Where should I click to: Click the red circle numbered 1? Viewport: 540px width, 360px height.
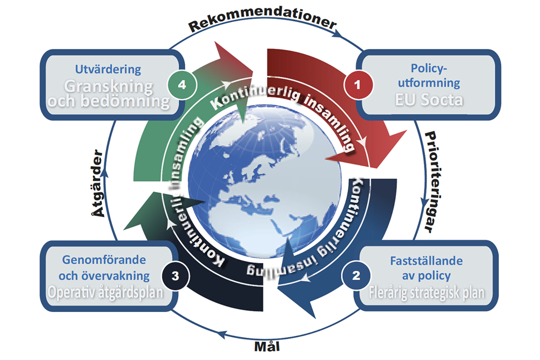[355, 85]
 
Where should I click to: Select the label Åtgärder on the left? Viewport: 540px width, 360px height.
[98, 184]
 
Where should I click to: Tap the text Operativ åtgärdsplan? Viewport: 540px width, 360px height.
[106, 294]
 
